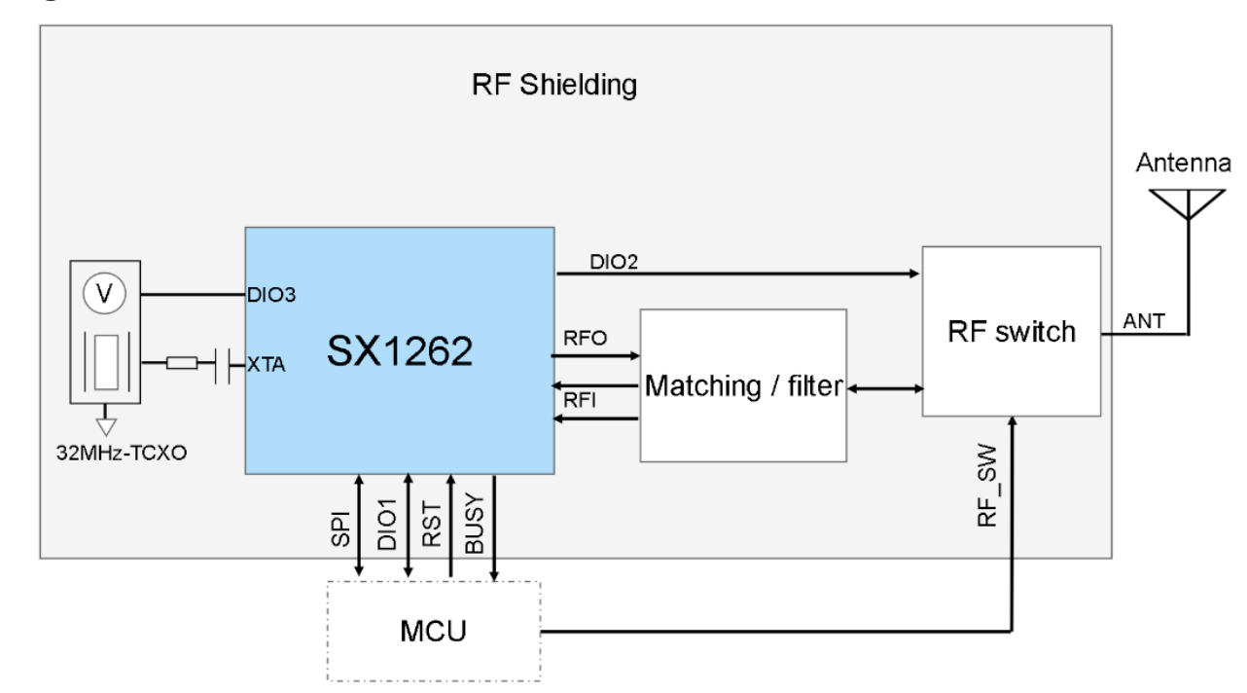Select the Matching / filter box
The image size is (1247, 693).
pos(742,386)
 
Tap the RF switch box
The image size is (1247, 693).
pos(1012,333)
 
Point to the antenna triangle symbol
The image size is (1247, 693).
pos(1188,202)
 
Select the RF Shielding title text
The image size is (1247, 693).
pos(554,86)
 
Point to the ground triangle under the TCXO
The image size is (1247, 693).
pos(103,425)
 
